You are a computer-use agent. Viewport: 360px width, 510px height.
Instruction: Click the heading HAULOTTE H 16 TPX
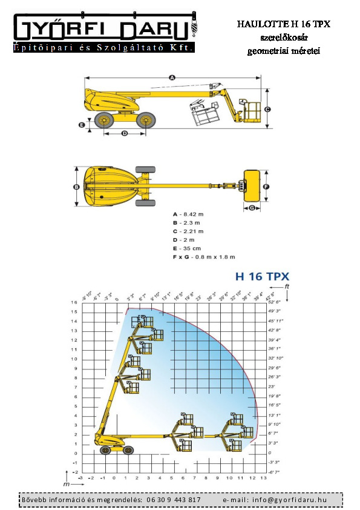click(x=283, y=24)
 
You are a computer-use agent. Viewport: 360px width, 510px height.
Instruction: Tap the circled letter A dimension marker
click(x=172, y=78)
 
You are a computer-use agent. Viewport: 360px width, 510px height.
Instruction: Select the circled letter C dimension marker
click(x=266, y=109)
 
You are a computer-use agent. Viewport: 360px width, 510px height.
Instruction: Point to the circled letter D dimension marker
click(x=125, y=133)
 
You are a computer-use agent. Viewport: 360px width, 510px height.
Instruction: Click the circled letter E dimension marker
click(x=82, y=125)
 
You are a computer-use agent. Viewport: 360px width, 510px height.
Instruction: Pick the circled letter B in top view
click(x=77, y=187)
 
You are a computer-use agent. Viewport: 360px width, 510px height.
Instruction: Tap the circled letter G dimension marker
click(x=252, y=208)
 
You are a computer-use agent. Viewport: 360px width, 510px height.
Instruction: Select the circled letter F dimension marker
click(x=266, y=187)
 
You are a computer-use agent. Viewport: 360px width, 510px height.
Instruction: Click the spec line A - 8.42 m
click(x=189, y=214)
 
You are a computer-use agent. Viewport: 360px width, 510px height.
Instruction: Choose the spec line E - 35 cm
click(x=188, y=248)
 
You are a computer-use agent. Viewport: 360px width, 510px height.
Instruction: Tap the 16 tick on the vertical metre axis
click(x=74, y=302)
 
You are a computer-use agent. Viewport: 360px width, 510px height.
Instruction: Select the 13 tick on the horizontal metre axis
click(x=263, y=478)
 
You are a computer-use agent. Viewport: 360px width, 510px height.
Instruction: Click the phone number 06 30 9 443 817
click(x=174, y=500)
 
